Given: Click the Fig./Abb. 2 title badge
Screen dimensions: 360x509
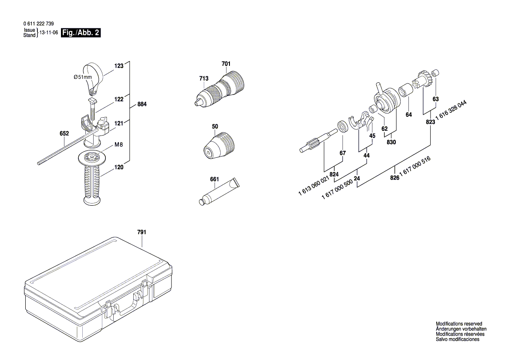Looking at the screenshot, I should (x=81, y=33).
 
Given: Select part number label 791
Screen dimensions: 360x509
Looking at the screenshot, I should (x=142, y=232).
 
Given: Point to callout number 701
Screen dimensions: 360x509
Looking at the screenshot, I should (x=226, y=64).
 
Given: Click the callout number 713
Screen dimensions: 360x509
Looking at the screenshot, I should (x=204, y=78).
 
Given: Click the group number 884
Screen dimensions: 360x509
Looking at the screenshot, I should (x=142, y=105).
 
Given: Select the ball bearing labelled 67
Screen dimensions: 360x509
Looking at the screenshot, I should (x=344, y=126).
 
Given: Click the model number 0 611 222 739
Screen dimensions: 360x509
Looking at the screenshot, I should (x=39, y=24).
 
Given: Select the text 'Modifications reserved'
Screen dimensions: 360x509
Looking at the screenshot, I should (x=459, y=324).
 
